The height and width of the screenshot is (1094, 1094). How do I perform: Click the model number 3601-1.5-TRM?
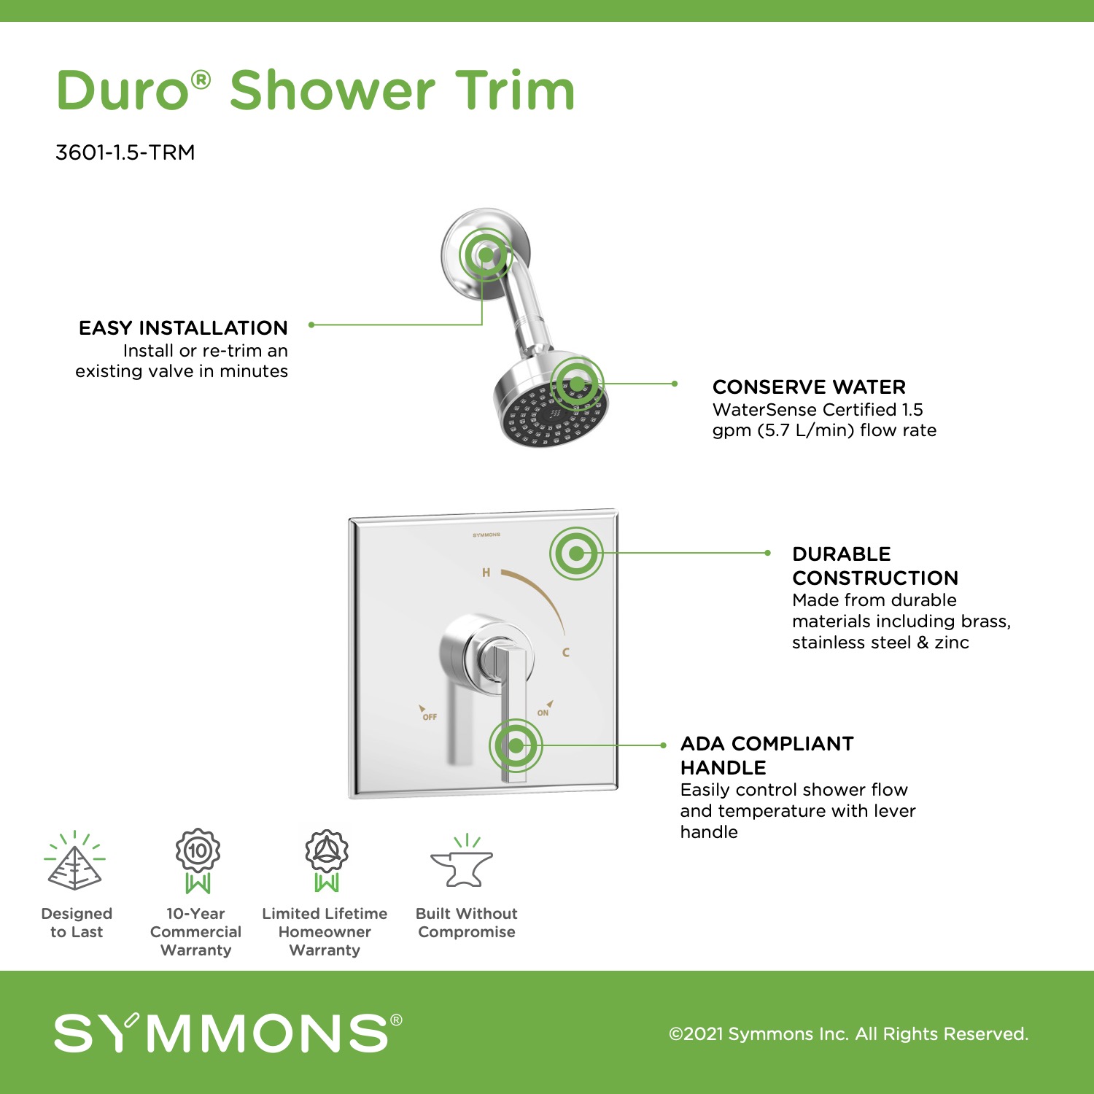click(125, 152)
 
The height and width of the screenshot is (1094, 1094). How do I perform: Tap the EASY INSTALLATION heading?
click(183, 327)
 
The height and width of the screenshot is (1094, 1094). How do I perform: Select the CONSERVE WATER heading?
click(809, 387)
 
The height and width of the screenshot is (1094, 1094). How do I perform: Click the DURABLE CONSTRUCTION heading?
click(875, 566)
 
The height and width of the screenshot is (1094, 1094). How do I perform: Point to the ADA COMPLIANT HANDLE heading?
click(767, 756)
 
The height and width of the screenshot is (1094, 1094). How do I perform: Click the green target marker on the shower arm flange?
click(486, 255)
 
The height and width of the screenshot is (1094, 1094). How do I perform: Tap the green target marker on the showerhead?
click(577, 384)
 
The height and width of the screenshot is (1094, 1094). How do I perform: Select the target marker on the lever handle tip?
click(516, 745)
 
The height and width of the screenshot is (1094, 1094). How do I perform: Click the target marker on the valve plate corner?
click(576, 553)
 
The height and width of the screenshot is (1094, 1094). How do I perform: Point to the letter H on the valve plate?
click(486, 573)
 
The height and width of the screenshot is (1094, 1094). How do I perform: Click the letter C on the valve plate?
click(566, 652)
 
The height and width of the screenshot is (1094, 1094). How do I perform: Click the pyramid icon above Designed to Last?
click(74, 861)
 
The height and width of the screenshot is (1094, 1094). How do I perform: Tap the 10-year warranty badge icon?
click(198, 861)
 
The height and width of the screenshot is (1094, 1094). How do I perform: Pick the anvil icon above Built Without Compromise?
click(462, 862)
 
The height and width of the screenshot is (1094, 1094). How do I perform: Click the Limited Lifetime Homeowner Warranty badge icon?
click(326, 861)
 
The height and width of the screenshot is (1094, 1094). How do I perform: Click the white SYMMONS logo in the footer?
click(228, 1033)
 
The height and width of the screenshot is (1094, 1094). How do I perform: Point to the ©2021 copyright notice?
click(849, 1033)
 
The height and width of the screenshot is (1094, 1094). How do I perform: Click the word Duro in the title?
click(123, 90)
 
